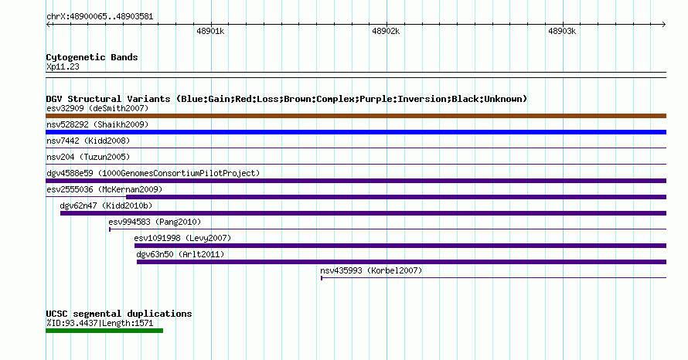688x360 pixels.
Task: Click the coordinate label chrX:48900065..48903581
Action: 100,17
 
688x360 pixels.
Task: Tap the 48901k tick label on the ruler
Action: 210,31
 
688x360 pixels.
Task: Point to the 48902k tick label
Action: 386,31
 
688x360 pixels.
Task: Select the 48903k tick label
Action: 562,31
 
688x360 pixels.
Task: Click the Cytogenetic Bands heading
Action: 92,57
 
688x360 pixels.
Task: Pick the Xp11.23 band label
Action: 63,66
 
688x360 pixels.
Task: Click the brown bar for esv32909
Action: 356,116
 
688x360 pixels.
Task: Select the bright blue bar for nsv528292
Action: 356,132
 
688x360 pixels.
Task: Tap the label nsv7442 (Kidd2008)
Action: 88,141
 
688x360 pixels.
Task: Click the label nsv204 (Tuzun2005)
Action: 88,157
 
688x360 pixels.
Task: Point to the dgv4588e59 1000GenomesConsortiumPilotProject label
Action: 153,173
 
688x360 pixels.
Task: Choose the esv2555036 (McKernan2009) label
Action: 104,189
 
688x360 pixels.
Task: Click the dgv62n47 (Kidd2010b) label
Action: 106,205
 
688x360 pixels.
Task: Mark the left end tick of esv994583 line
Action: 110,229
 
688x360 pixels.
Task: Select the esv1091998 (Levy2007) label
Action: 182,238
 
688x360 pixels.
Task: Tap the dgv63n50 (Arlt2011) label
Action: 180,254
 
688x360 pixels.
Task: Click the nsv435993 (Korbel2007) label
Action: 371,270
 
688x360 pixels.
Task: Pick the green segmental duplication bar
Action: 104,331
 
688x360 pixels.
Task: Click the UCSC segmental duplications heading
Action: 119,314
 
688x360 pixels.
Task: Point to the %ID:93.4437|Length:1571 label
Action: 100,323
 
